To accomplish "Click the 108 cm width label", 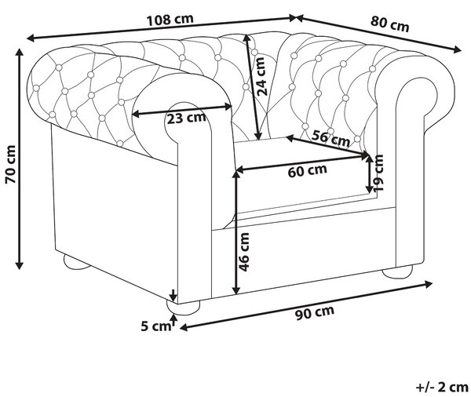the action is coord(170,20).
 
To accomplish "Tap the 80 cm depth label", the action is coord(389,24).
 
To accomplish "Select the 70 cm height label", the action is coord(10,164).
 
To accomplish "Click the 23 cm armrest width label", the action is coord(187,118).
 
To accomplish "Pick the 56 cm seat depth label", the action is coord(330,138).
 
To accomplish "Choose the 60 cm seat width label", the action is coord(307,170).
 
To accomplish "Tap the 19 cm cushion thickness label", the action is coord(378,173).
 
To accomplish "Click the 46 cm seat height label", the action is coord(243,252).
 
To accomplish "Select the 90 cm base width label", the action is coord(315,312).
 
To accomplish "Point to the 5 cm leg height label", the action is coord(155,326).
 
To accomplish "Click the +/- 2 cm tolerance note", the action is coord(442,387).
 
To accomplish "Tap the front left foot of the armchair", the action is coord(183,308).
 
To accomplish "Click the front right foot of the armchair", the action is coord(397,271).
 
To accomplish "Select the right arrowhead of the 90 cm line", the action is coord(428,284).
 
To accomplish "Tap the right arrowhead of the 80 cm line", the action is coord(457,50).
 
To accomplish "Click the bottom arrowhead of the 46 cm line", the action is coord(237,290).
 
